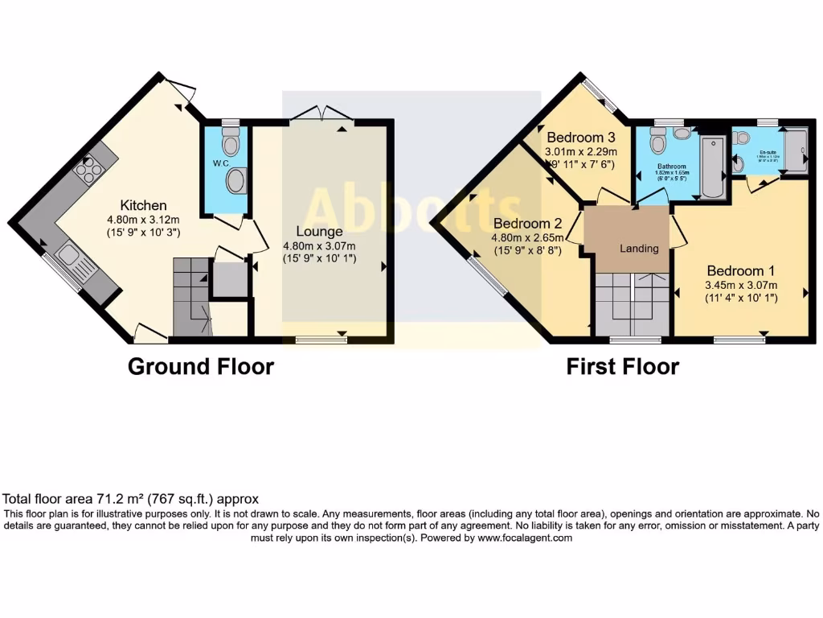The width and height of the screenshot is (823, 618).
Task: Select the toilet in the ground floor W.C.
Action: tap(231, 144)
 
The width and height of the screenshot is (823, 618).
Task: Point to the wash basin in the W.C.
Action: tap(237, 181)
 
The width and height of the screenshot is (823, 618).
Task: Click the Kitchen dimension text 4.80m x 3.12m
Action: tap(144, 219)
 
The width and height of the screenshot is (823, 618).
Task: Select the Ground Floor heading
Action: tap(201, 367)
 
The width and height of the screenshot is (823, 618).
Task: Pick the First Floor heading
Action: tap(622, 367)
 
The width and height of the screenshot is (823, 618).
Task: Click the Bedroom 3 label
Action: tap(579, 138)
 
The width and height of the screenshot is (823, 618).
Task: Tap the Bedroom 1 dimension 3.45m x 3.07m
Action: tap(740, 285)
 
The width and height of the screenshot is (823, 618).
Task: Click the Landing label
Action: tap(639, 248)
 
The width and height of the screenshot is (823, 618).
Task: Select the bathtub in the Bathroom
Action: tap(712, 167)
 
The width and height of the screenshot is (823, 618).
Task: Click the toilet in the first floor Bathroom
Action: tap(658, 143)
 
